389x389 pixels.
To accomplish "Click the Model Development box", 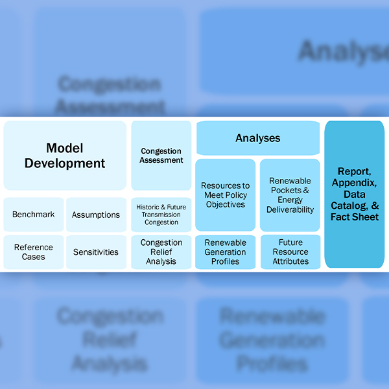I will click(65, 156).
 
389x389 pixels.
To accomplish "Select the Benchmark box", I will click(34, 215).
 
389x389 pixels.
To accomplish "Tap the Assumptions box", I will click(96, 215).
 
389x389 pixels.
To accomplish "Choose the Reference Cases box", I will click(34, 252).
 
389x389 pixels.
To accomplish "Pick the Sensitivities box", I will click(96, 252).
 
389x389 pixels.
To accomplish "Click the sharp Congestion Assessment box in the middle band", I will click(161, 156).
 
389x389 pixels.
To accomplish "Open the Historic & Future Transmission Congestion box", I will click(161, 215).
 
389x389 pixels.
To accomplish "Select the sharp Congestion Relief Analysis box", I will click(161, 252).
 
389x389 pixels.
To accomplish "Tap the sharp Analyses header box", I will click(258, 138).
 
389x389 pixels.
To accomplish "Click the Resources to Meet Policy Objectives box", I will click(226, 194).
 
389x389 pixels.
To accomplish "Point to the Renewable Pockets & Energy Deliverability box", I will click(290, 194).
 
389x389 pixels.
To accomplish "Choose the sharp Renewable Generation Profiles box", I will click(226, 252).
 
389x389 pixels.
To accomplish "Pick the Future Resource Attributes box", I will click(290, 252).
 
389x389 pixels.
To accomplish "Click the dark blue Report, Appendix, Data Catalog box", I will click(355, 194).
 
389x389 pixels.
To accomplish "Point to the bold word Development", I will click(65, 163).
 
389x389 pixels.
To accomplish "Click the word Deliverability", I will click(290, 209).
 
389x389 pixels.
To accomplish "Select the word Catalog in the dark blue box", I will click(354, 206).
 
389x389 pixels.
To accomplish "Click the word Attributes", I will click(290, 261).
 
